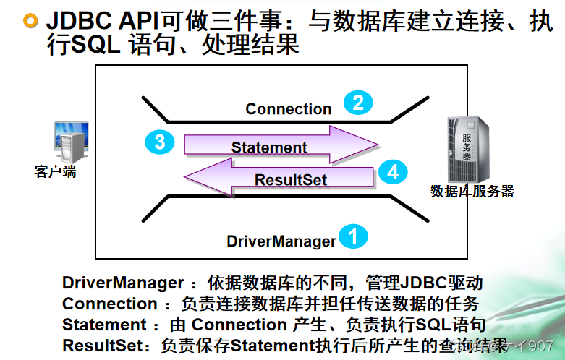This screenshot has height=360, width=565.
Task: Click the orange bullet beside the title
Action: pyautogui.click(x=30, y=20)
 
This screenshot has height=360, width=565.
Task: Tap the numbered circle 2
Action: pyautogui.click(x=357, y=103)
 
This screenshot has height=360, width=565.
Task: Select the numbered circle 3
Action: pyautogui.click(x=160, y=142)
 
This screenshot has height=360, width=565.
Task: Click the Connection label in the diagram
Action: pyautogui.click(x=288, y=109)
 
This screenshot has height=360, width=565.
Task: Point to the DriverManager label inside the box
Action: pyautogui.click(x=281, y=241)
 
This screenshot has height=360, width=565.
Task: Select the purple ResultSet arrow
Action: pyautogui.click(x=282, y=178)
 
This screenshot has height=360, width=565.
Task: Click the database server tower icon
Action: pyautogui.click(x=468, y=149)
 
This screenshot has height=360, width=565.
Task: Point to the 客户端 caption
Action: pyautogui.click(x=55, y=173)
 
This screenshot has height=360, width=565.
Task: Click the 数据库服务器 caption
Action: pyautogui.click(x=472, y=192)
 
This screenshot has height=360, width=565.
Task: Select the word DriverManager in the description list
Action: pyautogui.click(x=123, y=283)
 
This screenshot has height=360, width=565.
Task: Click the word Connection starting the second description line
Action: pyautogui.click(x=109, y=304)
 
